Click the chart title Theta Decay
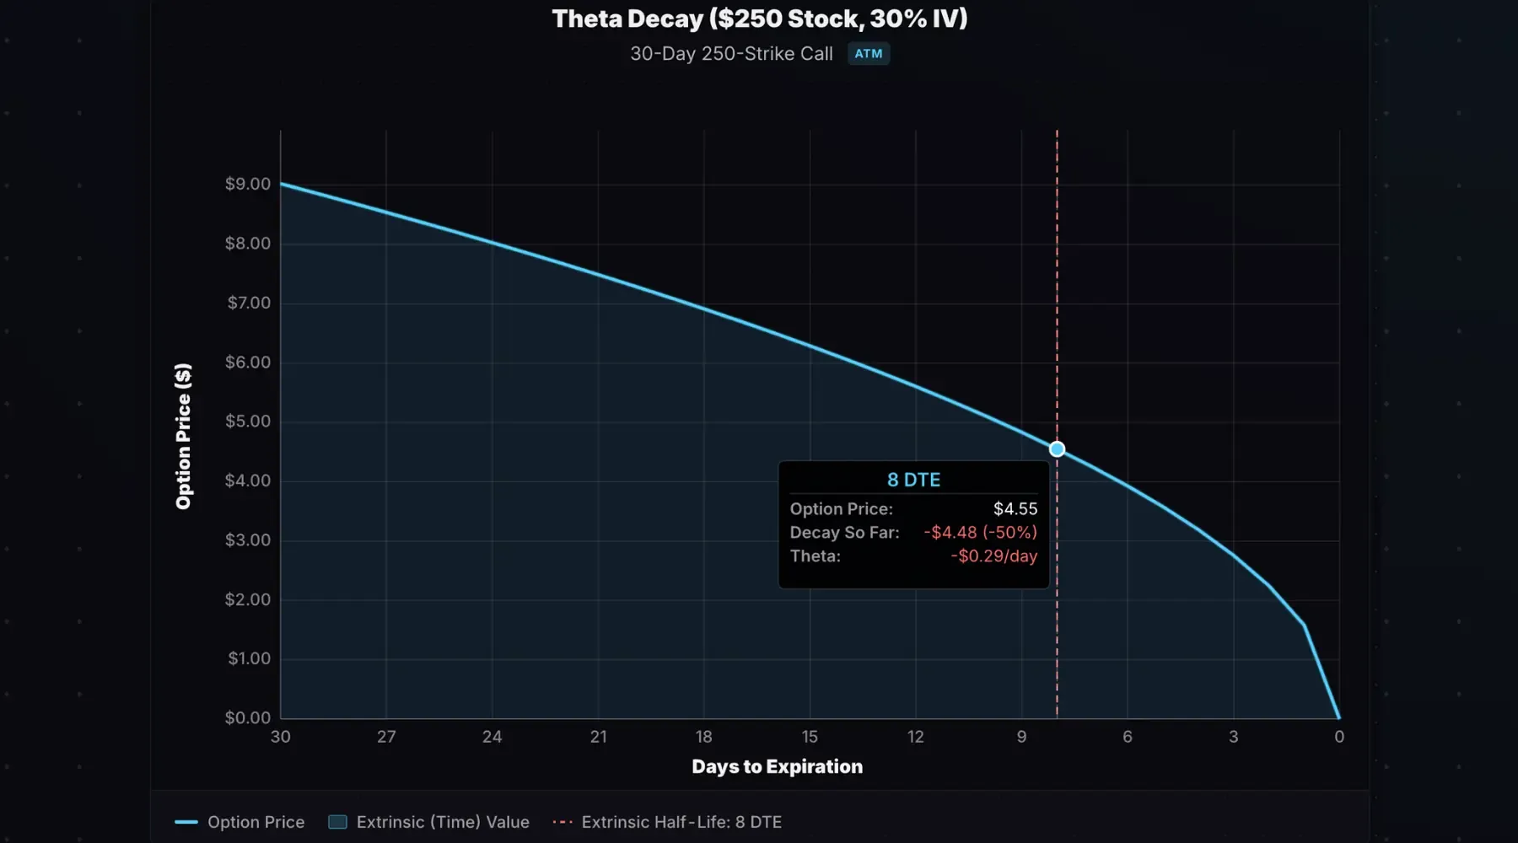pos(759,19)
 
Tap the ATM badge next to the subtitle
pos(868,54)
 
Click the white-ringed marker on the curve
pos(1057,449)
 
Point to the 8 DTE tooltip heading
pos(913,480)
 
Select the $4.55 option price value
pos(1015,509)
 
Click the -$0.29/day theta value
pos(993,556)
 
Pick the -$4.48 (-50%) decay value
pos(980,533)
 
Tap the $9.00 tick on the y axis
pos(248,184)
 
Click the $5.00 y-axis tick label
pos(248,421)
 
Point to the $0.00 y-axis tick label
pos(248,718)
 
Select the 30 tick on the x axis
pos(281,737)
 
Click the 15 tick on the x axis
pos(810,737)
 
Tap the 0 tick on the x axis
pos(1339,737)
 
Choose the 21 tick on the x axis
pos(599,737)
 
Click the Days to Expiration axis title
pos(777,767)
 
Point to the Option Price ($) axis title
pos(183,437)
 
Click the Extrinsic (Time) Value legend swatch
pos(337,822)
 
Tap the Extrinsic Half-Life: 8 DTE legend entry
pos(681,822)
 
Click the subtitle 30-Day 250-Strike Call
pos(731,54)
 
